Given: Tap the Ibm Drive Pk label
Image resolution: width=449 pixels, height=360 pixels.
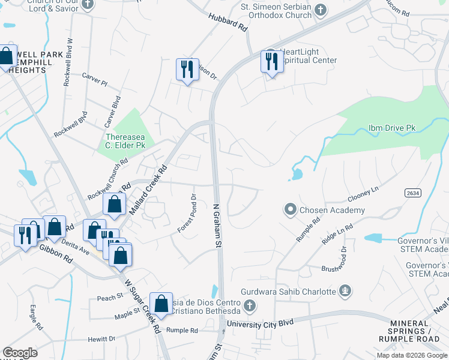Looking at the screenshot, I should coord(391,128).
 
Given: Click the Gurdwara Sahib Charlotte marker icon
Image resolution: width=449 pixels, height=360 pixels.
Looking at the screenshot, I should coord(345,292).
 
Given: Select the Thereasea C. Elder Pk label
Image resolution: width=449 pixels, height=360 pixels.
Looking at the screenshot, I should coord(125,141).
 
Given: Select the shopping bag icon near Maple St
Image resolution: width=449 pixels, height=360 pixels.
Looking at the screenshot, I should coord(161,304).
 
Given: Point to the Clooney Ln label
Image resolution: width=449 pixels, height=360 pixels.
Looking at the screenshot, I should coord(363,193).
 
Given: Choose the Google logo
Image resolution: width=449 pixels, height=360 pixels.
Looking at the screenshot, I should coord(20,353).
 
